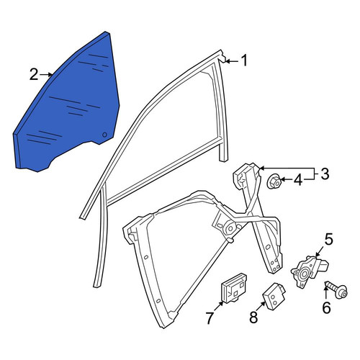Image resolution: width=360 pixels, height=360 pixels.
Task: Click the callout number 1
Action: pyautogui.click(x=244, y=60)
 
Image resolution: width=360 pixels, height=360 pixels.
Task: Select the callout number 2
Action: pyautogui.click(x=34, y=74)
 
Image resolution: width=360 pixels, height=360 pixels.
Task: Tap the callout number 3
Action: pyautogui.click(x=325, y=174)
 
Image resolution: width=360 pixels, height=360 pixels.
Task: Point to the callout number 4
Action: pyautogui.click(x=298, y=180)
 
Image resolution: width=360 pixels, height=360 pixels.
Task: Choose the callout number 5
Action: pyautogui.click(x=328, y=239)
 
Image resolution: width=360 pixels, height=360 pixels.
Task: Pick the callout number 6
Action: pyautogui.click(x=326, y=307)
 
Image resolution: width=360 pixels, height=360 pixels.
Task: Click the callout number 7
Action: pyautogui.click(x=210, y=318)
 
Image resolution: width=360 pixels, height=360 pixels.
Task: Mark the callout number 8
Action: pyautogui.click(x=253, y=317)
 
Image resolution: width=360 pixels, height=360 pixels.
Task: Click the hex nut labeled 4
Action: pyautogui.click(x=274, y=181)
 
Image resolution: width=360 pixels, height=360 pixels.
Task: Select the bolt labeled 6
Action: pyautogui.click(x=337, y=289)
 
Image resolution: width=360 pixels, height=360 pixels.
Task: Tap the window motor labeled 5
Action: pyautogui.click(x=309, y=271)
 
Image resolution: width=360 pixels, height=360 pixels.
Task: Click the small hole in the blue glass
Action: pyautogui.click(x=104, y=135)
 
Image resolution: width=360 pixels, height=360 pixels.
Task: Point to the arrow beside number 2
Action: pyautogui.click(x=46, y=75)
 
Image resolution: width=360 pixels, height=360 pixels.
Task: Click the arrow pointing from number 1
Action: pyautogui.click(x=232, y=61)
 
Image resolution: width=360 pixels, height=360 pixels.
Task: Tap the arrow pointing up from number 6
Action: pyautogui.click(x=326, y=292)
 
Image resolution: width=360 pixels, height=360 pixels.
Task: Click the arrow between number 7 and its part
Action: pyautogui.click(x=218, y=307)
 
